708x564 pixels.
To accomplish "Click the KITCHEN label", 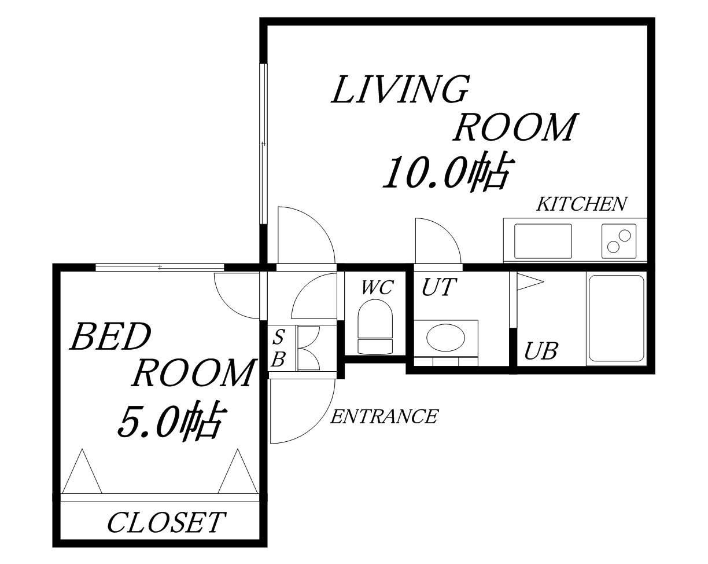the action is pos(582,204).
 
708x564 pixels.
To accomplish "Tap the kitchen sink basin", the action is pos(543,241).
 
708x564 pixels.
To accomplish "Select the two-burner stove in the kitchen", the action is pos(619,241).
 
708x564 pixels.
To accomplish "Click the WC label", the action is pos(377,287).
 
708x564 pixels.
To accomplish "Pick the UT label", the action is pos(439,287).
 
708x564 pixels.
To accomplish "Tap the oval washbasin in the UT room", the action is pos(446,338).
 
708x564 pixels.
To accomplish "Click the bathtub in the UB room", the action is pos(617,318).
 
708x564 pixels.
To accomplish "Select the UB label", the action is pos(541,351).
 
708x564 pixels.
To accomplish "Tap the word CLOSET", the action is pos(167,522).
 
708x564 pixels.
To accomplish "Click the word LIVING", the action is pos(400,89).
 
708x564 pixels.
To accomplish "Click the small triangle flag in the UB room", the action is pos(529,281).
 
